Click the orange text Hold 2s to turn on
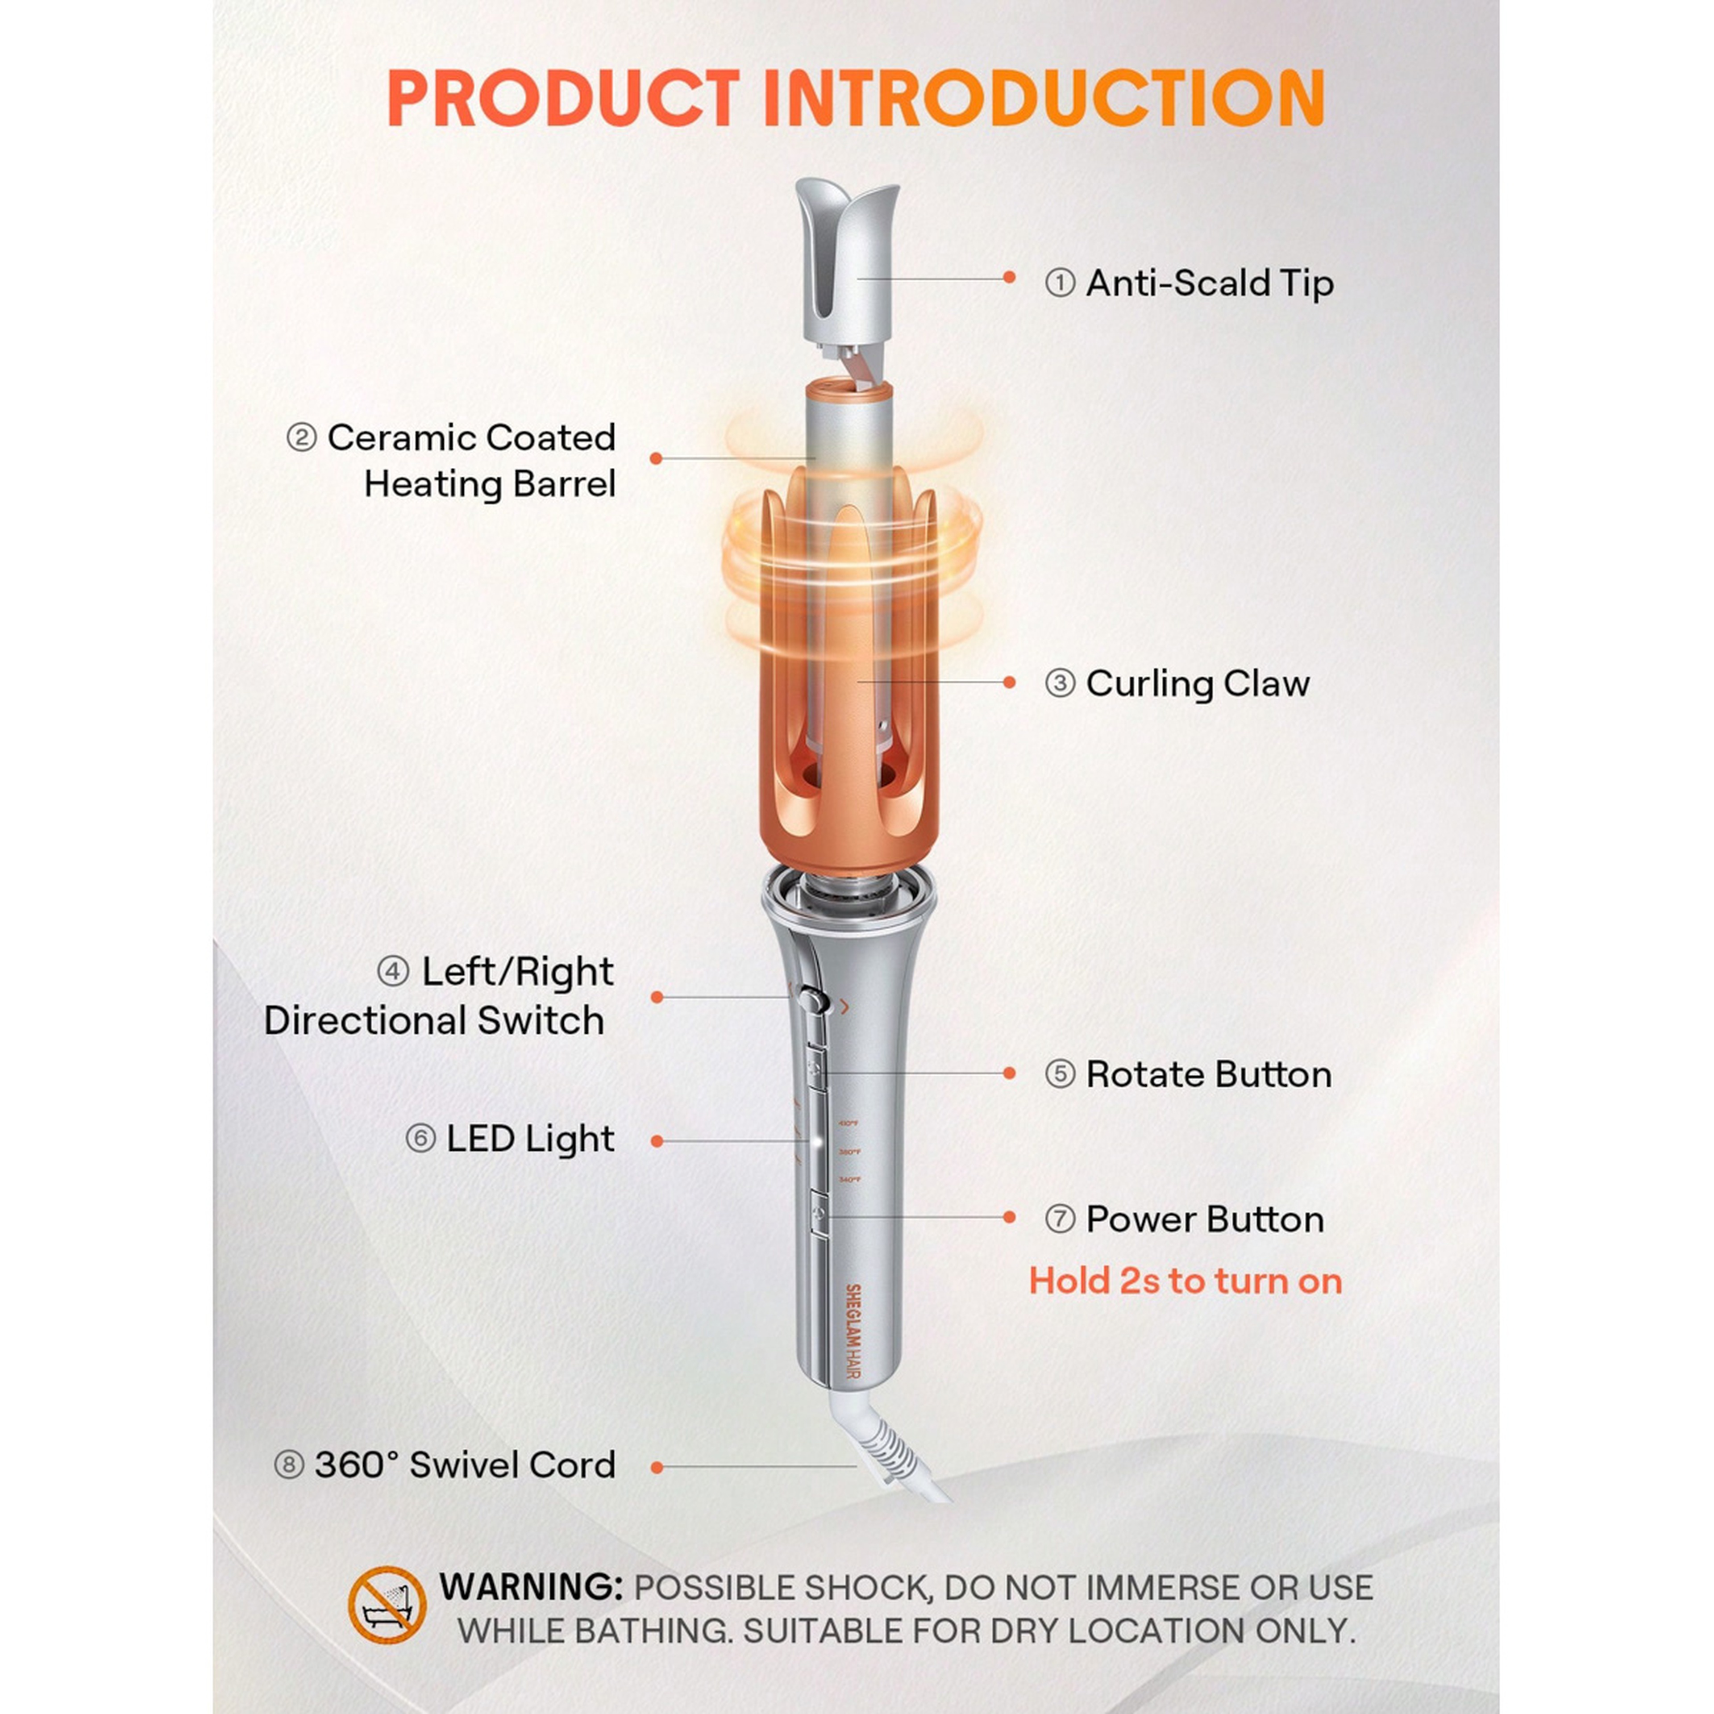click(1185, 1281)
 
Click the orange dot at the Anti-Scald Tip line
click(1009, 278)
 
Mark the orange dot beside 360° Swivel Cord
click(657, 1468)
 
